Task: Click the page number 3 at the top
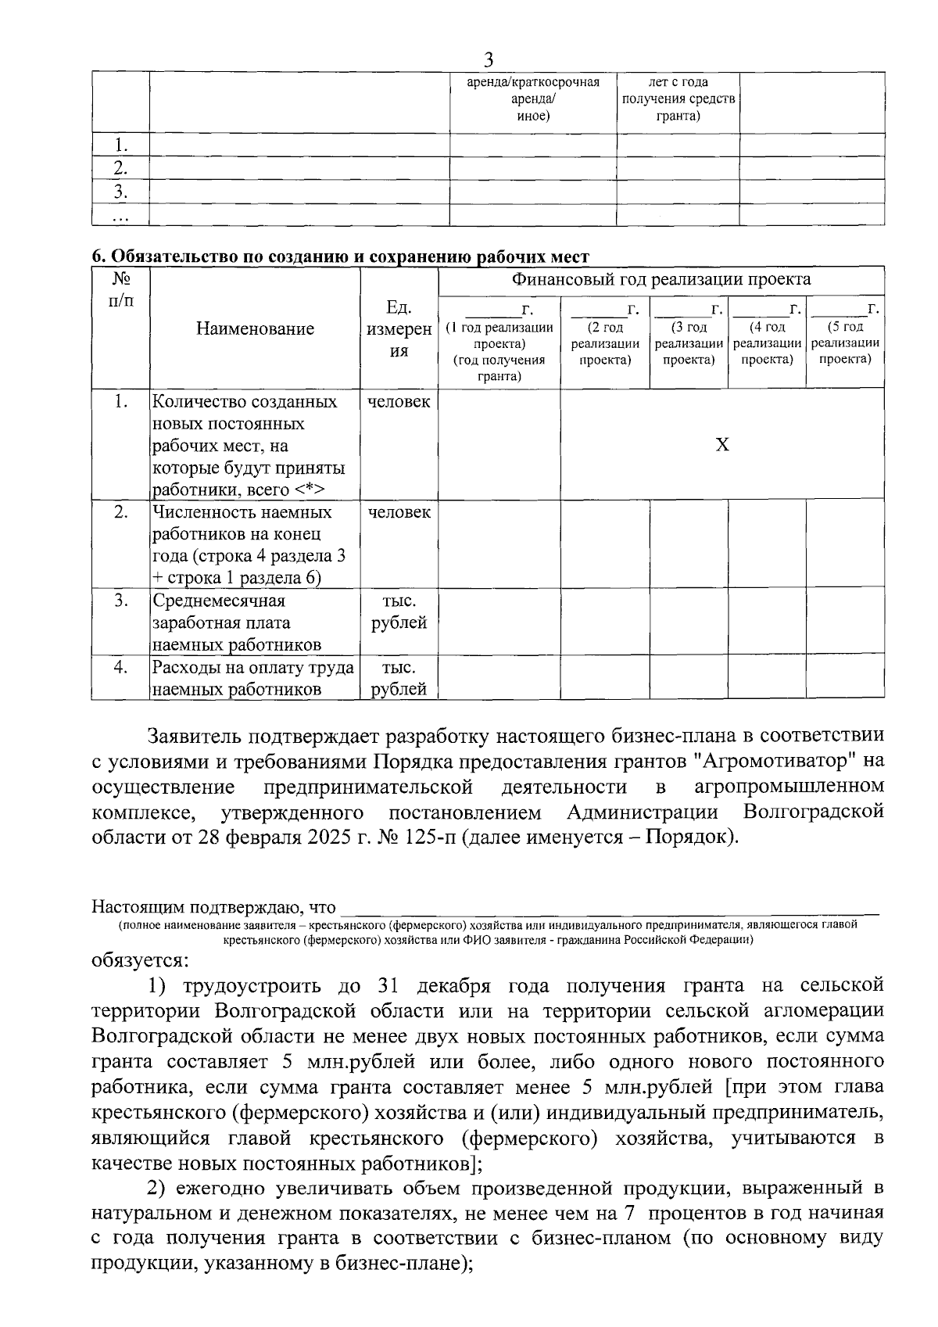(x=489, y=60)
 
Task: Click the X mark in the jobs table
(x=722, y=445)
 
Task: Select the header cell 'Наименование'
(x=255, y=328)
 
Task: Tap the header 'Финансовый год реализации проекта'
(x=661, y=279)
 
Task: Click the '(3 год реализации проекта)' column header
(x=689, y=343)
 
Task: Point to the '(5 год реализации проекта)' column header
(x=845, y=343)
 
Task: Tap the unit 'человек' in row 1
(x=399, y=402)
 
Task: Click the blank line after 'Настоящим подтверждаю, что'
(x=610, y=908)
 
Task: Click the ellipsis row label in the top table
(x=120, y=215)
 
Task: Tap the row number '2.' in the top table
(x=120, y=168)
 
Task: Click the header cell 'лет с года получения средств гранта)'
(x=678, y=99)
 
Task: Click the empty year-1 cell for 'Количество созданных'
(x=499, y=445)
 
